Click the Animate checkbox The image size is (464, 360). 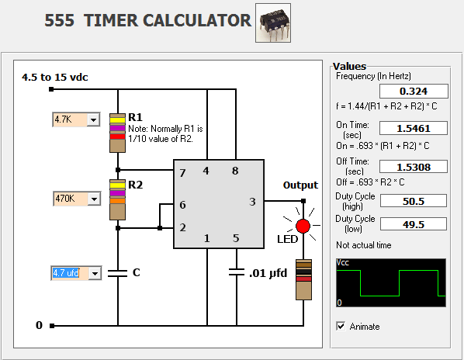341,326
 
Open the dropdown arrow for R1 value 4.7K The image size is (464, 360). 94,119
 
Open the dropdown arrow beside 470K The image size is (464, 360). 94,199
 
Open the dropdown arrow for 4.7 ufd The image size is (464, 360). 95,273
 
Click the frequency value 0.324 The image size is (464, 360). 414,91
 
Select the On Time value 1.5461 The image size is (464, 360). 414,128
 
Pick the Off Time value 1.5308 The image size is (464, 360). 414,167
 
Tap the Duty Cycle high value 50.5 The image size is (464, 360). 414,201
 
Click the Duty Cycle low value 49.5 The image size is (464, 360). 414,224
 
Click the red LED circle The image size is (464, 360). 303,227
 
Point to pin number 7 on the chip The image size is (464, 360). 182,173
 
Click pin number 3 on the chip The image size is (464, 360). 252,202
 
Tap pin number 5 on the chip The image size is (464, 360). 236,238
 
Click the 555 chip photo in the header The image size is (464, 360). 273,22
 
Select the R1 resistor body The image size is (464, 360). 117,133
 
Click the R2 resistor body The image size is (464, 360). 117,199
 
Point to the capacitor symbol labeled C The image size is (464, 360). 117,273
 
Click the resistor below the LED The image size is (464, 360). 303,279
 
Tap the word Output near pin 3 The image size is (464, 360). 300,185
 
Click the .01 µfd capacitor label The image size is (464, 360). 268,273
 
